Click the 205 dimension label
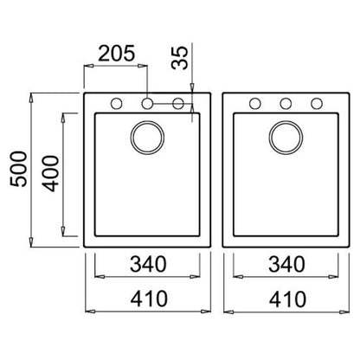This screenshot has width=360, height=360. click(116, 54)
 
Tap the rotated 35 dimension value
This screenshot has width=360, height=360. click(179, 58)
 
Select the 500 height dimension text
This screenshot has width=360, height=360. click(18, 169)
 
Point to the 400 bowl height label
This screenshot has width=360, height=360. click(50, 173)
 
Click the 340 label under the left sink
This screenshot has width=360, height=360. click(148, 264)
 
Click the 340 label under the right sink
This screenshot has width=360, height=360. click(286, 264)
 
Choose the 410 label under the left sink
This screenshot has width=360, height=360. click(149, 299)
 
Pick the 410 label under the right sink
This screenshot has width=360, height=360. click(287, 299)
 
